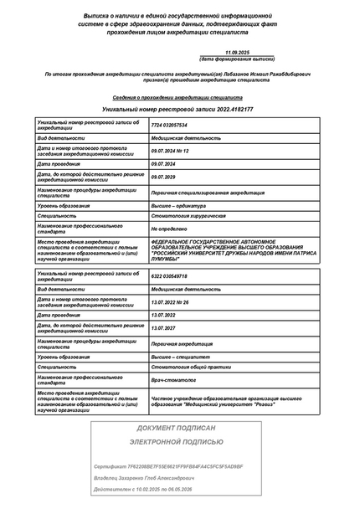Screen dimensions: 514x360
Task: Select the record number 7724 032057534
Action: point(169,125)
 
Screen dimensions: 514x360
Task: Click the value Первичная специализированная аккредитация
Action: point(200,191)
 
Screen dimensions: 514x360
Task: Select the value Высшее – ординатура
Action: point(178,205)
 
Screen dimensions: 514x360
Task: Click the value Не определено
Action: point(165,229)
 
